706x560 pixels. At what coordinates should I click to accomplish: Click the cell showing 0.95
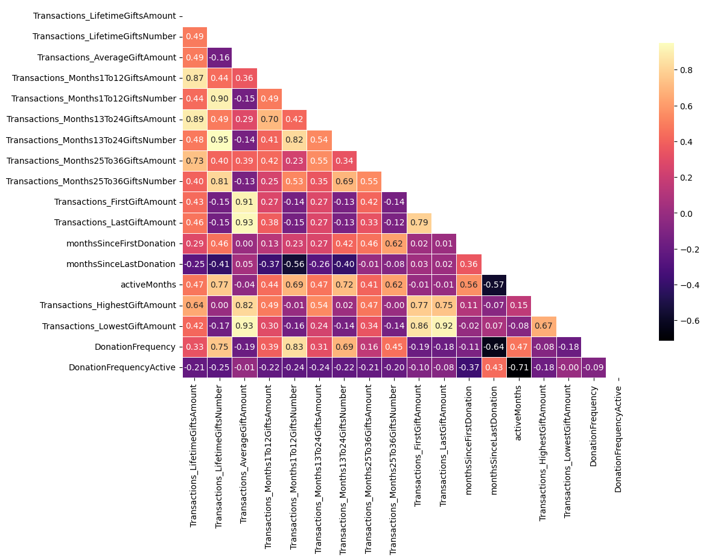(x=220, y=140)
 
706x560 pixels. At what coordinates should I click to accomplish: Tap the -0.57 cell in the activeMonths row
(x=494, y=285)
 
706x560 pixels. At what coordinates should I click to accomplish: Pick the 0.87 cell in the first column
(x=194, y=78)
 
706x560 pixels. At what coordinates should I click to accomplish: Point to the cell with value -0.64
(x=494, y=347)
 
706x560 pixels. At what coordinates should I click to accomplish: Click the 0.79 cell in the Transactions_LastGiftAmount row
(x=419, y=223)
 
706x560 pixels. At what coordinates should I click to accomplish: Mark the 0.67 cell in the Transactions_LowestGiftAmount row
(x=544, y=326)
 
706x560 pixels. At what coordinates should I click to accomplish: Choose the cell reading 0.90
(x=220, y=98)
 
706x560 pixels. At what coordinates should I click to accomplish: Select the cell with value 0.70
(x=269, y=120)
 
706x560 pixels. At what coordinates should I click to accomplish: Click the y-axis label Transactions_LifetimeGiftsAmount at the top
(x=104, y=16)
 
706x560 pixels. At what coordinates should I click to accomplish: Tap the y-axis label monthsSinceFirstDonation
(x=121, y=243)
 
